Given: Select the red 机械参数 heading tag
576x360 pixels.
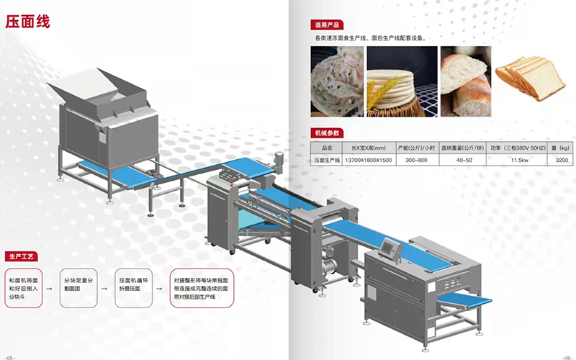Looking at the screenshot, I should click(323, 133).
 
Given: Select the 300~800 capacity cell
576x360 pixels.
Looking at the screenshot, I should click(417, 160).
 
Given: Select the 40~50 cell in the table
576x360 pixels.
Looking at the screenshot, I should click(459, 160).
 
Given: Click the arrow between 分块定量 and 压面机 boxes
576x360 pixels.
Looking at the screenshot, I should click(107, 288).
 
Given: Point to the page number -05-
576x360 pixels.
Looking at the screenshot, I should click(11, 356).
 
